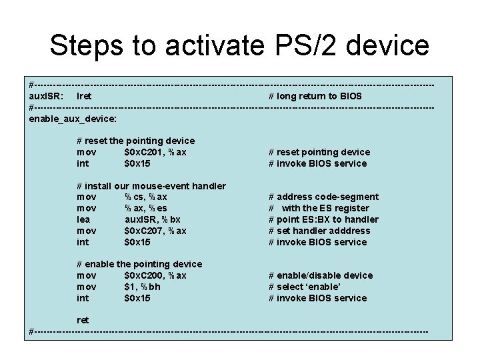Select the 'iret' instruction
pyautogui.click(x=85, y=96)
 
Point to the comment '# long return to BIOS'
pyautogui.click(x=315, y=96)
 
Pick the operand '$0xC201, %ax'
pyautogui.click(x=155, y=152)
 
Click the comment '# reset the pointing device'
pyautogui.click(x=136, y=141)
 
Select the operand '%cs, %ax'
pyautogui.click(x=146, y=197)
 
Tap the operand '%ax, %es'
pyautogui.click(x=146, y=208)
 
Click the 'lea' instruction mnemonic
pyautogui.click(x=84, y=219)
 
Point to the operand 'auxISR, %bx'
pyautogui.click(x=153, y=219)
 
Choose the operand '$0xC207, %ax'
pyautogui.click(x=155, y=231)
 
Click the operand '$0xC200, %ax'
pyautogui.click(x=155, y=275)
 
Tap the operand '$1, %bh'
pyautogui.click(x=143, y=287)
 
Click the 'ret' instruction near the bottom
pyautogui.click(x=83, y=320)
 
